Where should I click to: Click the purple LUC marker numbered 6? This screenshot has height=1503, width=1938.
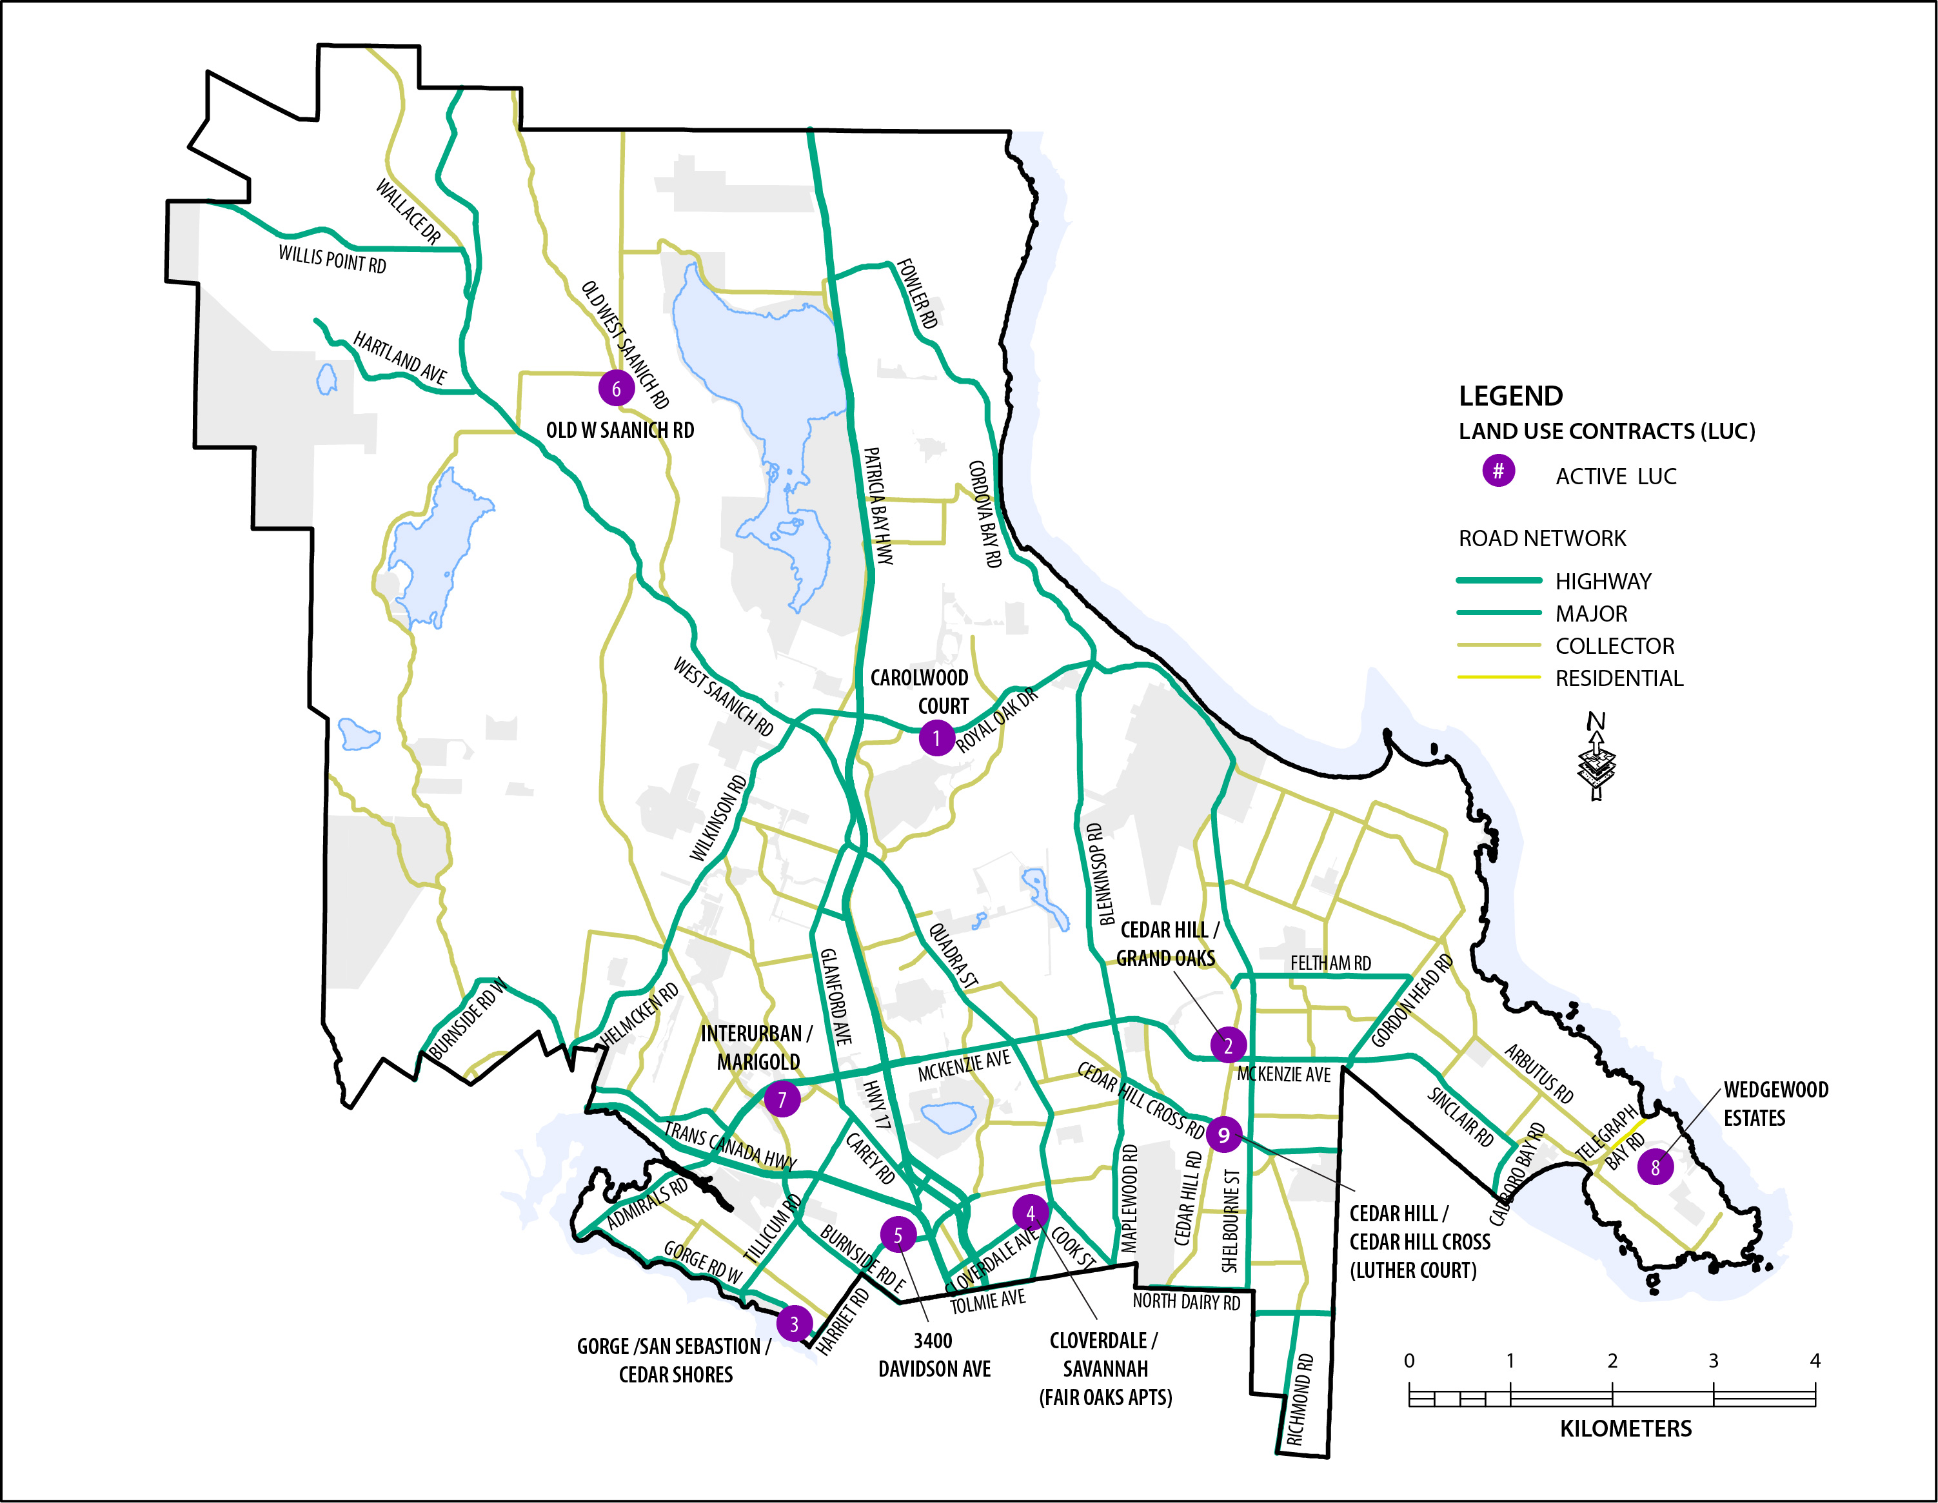pos(616,389)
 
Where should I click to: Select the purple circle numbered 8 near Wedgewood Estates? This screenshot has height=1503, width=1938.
pos(1655,1168)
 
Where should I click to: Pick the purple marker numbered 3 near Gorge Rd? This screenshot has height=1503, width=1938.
pos(794,1324)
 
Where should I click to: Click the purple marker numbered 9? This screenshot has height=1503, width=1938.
pos(1223,1134)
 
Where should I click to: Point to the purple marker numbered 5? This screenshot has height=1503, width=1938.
pos(898,1234)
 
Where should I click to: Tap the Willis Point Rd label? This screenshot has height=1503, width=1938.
pos(332,259)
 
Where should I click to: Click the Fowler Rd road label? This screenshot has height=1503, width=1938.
pos(916,293)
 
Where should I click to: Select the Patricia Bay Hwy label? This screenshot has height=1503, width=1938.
pos(878,506)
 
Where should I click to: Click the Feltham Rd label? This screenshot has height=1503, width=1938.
pos(1330,963)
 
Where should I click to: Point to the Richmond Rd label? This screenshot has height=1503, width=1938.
pos(1300,1399)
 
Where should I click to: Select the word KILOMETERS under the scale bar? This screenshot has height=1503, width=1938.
pos(1626,1428)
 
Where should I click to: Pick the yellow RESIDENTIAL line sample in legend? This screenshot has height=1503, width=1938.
pos(1499,678)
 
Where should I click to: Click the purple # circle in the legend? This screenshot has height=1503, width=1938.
pos(1498,471)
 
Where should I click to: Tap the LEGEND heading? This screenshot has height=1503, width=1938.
pos(1510,396)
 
